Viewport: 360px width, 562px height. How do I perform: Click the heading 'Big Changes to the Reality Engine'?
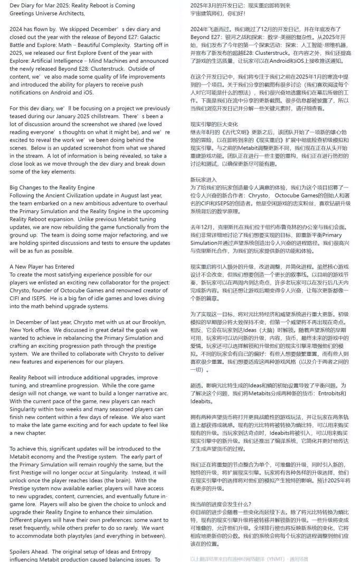click(x=52, y=187)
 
